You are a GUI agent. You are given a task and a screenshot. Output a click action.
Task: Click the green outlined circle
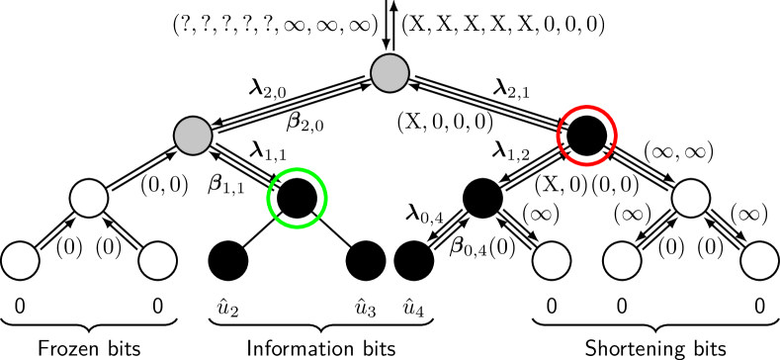point(297,198)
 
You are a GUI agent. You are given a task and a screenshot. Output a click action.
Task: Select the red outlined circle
point(587,135)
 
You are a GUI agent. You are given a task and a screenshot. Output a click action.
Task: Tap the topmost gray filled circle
point(390,73)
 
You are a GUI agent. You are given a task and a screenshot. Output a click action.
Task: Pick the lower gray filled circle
point(193,135)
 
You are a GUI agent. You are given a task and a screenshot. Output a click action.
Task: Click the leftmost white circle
point(20,260)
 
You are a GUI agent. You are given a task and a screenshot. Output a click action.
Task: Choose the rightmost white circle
point(759,260)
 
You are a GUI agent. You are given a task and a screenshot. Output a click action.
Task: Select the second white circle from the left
point(157,260)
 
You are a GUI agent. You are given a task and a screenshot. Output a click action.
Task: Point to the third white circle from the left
point(552,260)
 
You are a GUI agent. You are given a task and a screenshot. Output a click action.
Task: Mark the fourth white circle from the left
point(622,260)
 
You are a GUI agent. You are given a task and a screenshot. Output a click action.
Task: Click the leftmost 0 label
point(20,307)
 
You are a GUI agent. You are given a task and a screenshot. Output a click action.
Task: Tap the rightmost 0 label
point(759,307)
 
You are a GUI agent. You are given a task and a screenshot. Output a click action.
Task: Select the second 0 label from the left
point(157,307)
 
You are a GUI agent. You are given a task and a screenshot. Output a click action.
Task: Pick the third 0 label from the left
point(552,307)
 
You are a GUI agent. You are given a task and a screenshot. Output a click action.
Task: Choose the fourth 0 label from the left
point(622,307)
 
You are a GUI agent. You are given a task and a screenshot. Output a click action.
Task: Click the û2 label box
point(228,308)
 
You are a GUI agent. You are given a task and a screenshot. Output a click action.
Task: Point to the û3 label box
point(366,308)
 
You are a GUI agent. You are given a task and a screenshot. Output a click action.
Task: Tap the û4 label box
point(414,308)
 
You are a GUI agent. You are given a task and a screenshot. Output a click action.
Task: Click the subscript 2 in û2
point(234,313)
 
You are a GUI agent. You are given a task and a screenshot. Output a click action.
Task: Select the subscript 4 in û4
point(420,313)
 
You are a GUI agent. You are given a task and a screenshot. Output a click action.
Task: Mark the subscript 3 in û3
point(372,313)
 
